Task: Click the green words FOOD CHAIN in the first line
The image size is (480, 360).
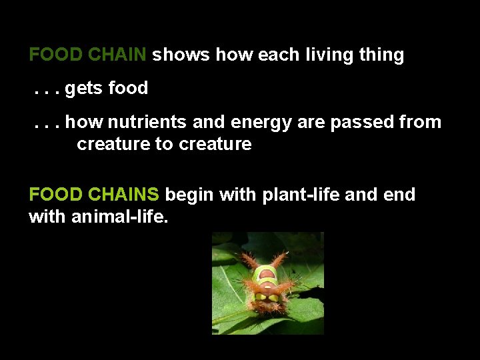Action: click(x=87, y=55)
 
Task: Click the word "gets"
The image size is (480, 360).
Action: click(x=84, y=89)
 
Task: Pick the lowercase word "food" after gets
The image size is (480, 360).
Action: click(x=128, y=88)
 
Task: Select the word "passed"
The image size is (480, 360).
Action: click(x=359, y=123)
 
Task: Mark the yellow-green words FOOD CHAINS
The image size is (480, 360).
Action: click(x=94, y=195)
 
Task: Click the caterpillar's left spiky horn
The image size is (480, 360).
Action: click(x=251, y=260)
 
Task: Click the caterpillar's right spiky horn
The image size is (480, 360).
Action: click(x=280, y=259)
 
